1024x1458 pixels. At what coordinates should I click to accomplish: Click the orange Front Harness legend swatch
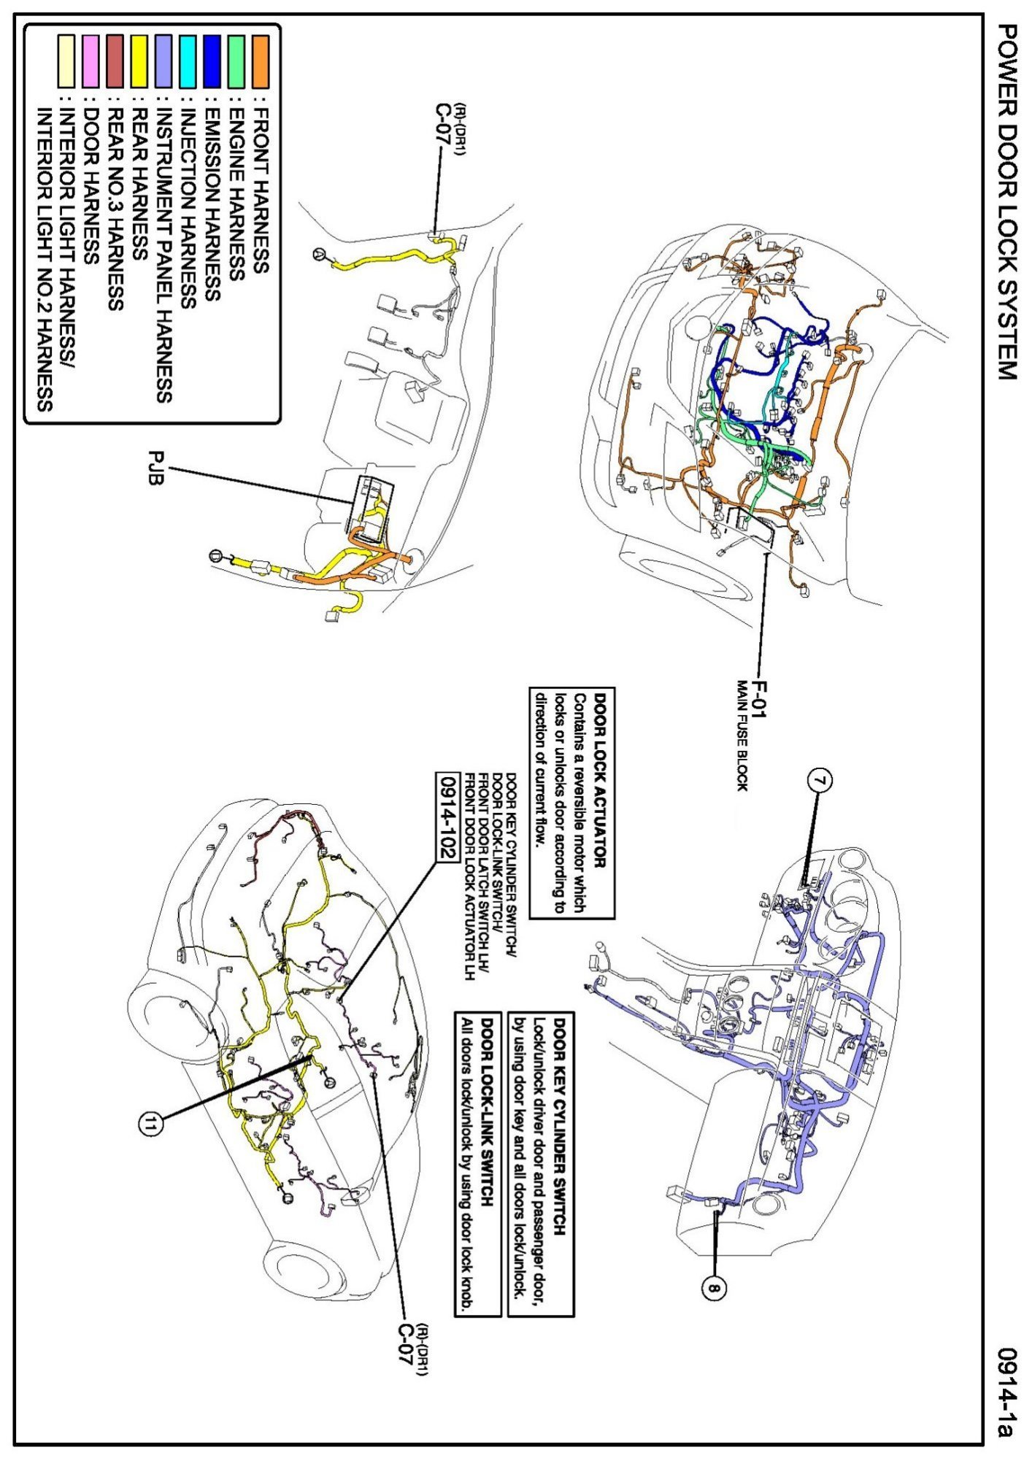(261, 61)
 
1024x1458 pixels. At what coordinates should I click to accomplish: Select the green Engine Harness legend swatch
(236, 61)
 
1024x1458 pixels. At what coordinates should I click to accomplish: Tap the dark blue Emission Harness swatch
(212, 61)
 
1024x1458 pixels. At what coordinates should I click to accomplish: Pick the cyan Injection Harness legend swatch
(188, 61)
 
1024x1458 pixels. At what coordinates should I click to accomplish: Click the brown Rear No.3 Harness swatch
(115, 61)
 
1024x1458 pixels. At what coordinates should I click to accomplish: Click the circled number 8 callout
(714, 1289)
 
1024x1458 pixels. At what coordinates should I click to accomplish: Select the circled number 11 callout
(150, 1125)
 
